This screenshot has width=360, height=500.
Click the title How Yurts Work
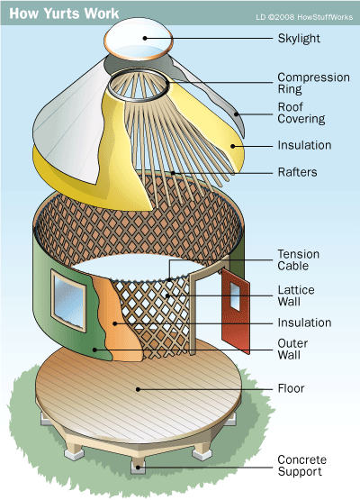tap(64, 14)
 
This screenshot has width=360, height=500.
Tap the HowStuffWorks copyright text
tap(304, 17)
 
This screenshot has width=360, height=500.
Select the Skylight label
tap(299, 38)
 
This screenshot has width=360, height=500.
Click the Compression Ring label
tap(313, 83)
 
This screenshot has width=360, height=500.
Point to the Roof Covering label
tap(301, 113)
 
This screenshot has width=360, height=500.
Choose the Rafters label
tap(297, 172)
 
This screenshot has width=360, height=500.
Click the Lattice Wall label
tap(296, 295)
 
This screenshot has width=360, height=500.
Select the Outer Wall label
tap(292, 349)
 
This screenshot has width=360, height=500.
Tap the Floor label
tap(291, 388)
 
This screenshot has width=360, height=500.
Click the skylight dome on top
tap(139, 38)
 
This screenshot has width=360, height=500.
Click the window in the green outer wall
tap(68, 301)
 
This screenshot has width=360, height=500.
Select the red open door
tap(236, 311)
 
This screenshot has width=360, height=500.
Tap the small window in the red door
tap(235, 296)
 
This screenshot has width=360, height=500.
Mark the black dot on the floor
tap(138, 389)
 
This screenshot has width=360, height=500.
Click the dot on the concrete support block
tap(138, 468)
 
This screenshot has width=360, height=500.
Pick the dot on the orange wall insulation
tap(114, 323)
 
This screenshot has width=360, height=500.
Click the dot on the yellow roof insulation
tap(233, 146)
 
